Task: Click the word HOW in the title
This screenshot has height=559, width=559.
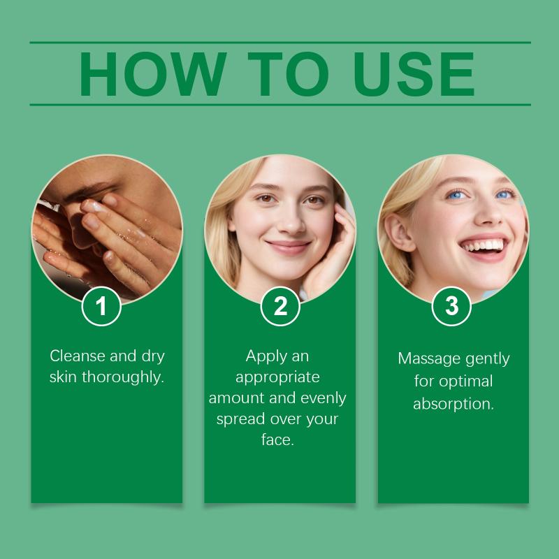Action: click(152, 74)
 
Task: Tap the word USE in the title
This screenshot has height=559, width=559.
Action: click(414, 74)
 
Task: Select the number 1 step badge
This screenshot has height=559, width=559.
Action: click(101, 306)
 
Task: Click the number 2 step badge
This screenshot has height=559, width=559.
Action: click(280, 306)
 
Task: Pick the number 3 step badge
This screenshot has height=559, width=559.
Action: click(451, 306)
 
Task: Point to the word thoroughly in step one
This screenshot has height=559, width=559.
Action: click(123, 377)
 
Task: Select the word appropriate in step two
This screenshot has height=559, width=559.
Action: click(277, 378)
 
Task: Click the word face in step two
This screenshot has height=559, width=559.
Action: click(277, 440)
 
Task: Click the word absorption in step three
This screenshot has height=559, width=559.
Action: click(453, 404)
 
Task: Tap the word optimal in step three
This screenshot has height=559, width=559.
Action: click(466, 382)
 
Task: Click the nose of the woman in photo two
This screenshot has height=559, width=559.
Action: click(291, 220)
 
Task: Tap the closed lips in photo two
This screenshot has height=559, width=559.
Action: click(289, 247)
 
